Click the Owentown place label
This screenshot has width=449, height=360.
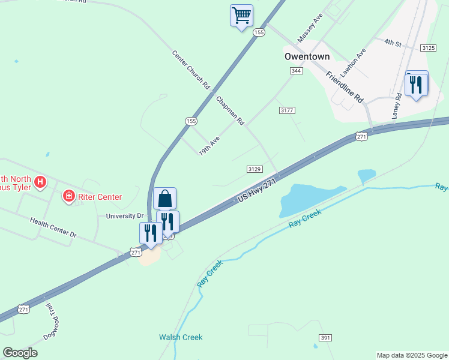pyautogui.click(x=307, y=56)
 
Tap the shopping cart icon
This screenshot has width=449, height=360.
pyautogui.click(x=241, y=15)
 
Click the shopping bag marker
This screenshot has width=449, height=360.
pyautogui.click(x=164, y=198)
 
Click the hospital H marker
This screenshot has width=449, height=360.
pyautogui.click(x=40, y=181)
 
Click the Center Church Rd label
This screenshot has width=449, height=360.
pyautogui.click(x=190, y=67)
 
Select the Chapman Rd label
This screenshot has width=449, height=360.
pyautogui.click(x=231, y=110)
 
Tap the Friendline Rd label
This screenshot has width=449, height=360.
pyautogui.click(x=345, y=86)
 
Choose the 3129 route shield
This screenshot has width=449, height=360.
pyautogui.click(x=254, y=170)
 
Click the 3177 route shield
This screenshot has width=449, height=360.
pyautogui.click(x=287, y=110)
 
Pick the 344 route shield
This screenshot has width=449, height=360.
pyautogui.click(x=296, y=71)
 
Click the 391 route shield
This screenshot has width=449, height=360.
pyautogui.click(x=325, y=338)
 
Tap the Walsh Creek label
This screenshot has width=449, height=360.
pyautogui.click(x=181, y=337)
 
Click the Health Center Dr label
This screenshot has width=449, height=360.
pyautogui.click(x=53, y=227)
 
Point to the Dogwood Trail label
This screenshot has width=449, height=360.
pyautogui.click(x=52, y=321)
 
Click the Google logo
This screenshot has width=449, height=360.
pyautogui.click(x=20, y=353)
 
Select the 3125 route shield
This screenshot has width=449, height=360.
pyautogui.click(x=428, y=47)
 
